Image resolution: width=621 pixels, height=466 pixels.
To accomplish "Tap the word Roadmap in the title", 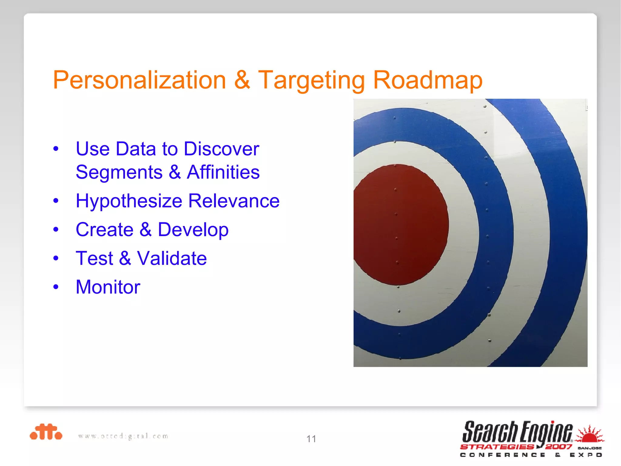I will [428, 80].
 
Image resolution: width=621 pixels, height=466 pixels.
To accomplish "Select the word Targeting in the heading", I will [311, 80].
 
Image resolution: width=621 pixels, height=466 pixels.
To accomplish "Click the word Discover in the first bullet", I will [221, 149].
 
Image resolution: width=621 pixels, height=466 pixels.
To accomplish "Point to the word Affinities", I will [223, 172].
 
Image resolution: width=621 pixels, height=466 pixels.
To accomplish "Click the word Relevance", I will [234, 201].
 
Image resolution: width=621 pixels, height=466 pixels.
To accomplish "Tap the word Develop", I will [193, 230].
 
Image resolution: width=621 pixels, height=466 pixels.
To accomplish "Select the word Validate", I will [172, 258].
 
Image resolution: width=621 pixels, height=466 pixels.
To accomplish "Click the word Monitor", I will [108, 287].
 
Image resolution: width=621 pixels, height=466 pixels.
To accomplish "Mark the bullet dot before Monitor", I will [56, 287].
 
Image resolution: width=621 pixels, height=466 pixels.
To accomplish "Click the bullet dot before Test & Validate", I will [56, 258].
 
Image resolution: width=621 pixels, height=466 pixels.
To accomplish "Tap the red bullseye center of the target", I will [400, 225].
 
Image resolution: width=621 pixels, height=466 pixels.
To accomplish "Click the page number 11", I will [311, 439].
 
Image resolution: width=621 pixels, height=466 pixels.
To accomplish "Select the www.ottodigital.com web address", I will [123, 436].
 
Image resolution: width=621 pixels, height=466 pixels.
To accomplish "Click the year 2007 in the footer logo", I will [559, 447].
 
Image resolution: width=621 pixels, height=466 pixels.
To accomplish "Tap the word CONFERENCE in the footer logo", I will [502, 455].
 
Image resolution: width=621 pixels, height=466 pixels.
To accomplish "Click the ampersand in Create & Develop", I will [146, 230].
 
